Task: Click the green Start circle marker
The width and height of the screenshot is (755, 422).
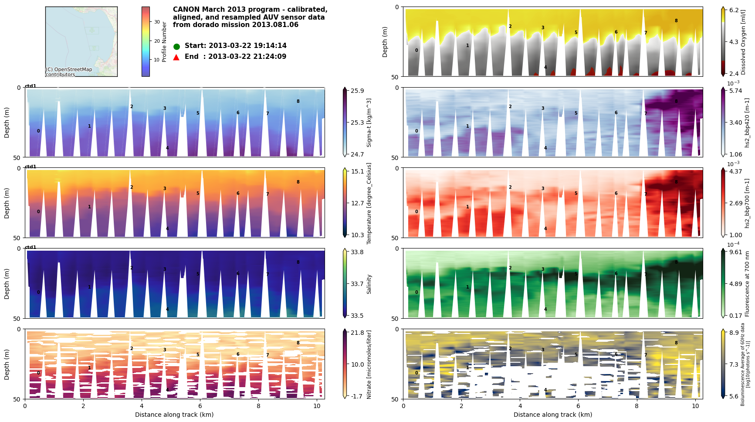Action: tap(176, 46)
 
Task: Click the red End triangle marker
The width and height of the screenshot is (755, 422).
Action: tap(176, 57)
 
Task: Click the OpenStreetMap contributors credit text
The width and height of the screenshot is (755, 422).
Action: tap(69, 72)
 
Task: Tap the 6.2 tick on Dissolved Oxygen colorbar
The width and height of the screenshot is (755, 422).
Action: tap(734, 10)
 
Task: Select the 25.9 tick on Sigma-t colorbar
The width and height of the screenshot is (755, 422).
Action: tap(357, 91)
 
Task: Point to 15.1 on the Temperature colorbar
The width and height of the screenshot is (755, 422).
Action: tap(357, 171)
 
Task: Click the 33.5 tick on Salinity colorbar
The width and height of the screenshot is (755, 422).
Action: tap(357, 316)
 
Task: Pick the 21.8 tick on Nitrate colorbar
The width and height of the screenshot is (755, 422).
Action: tap(357, 333)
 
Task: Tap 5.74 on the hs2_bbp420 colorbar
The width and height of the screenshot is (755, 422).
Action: tap(736, 91)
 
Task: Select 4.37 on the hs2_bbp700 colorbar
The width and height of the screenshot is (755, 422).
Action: tap(736, 171)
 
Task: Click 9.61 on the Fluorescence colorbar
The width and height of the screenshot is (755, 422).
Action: tap(736, 252)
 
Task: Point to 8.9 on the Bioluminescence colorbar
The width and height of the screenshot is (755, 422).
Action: tap(734, 333)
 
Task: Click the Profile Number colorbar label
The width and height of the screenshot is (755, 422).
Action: tap(164, 42)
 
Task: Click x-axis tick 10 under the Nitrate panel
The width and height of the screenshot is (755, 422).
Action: tap(317, 406)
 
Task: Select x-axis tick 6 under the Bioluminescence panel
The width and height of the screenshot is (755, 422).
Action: tap(578, 406)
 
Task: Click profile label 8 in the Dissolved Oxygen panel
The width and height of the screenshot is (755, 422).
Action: tap(676, 20)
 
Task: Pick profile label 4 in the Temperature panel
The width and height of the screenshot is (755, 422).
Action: tap(167, 228)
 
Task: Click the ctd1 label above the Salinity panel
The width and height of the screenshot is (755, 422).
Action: tap(30, 247)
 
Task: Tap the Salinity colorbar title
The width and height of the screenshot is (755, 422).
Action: tap(369, 284)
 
